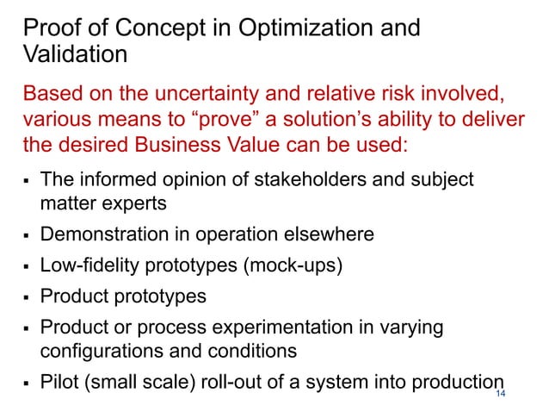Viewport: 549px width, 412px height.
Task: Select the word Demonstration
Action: tap(102, 234)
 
